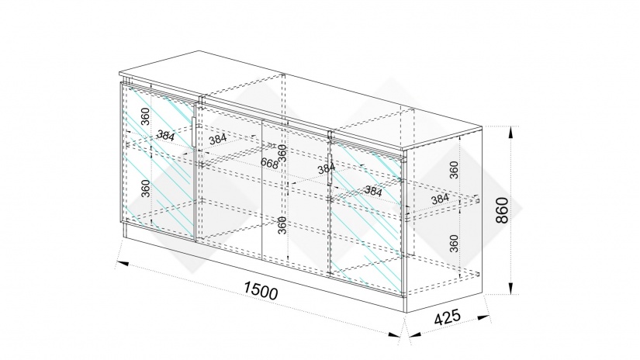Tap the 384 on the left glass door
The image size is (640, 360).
tap(165, 136)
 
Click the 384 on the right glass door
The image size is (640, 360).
tap(372, 189)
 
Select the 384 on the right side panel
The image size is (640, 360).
tap(440, 199)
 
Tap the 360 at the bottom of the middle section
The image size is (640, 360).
tap(282, 225)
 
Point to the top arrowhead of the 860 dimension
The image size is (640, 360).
tap(513, 131)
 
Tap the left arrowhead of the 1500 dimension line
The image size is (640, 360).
tap(122, 265)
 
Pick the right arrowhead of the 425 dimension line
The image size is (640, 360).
tap(486, 318)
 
